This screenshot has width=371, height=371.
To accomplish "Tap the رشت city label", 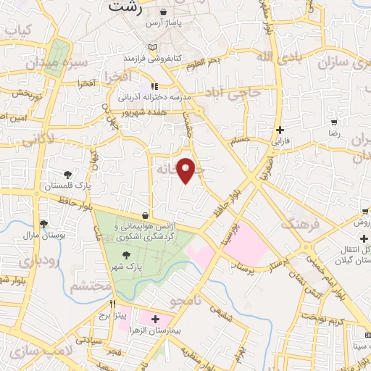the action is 124,7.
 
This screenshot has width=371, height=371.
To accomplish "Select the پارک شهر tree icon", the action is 127,254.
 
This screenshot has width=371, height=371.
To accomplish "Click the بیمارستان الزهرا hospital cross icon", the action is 155,318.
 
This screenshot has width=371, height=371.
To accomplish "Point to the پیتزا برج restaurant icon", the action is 112,304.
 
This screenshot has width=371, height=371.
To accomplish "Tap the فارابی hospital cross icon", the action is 280,130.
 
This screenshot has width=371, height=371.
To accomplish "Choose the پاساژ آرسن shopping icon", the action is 164,12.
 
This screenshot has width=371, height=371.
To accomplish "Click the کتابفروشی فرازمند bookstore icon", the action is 151,46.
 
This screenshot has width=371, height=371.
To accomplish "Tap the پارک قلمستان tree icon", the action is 67,174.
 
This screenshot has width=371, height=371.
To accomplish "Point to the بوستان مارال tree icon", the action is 44,224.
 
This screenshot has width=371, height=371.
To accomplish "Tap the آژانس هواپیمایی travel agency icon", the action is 146,215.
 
